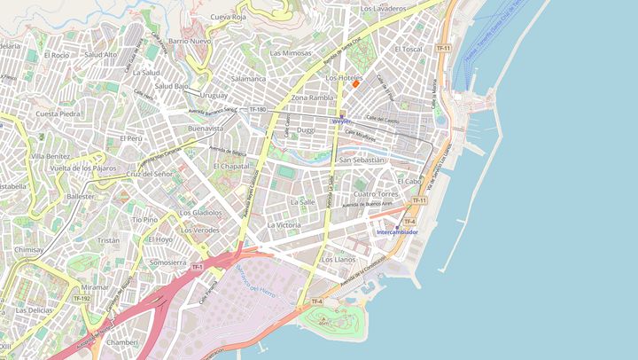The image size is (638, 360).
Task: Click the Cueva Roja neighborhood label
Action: tap(228, 17)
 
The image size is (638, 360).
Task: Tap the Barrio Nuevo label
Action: tap(190, 41)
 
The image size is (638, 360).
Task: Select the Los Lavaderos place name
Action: tap(383, 8)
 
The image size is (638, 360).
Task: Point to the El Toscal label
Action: tap(408, 49)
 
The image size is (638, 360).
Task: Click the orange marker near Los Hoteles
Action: tap(356, 83)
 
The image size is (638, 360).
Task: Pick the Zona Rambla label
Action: tap(312, 98)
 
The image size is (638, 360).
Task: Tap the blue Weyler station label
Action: tap(342, 121)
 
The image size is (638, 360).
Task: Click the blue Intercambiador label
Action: tap(397, 232)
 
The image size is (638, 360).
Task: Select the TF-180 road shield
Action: tap(258, 109)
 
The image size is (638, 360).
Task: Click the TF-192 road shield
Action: tap(81, 299)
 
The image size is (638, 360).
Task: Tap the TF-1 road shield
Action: tap(196, 266)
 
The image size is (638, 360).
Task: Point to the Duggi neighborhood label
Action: tap(306, 129)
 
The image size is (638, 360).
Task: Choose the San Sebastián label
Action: tap(362, 160)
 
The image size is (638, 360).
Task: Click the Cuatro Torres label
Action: tap(377, 193)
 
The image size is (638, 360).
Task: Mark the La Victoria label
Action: tap(284, 225)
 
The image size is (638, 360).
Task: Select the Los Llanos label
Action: tap(338, 259)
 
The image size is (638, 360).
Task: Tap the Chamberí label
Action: tap(122, 342)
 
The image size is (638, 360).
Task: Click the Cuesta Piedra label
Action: tap(58, 113)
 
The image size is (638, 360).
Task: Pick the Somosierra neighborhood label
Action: tap(168, 262)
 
